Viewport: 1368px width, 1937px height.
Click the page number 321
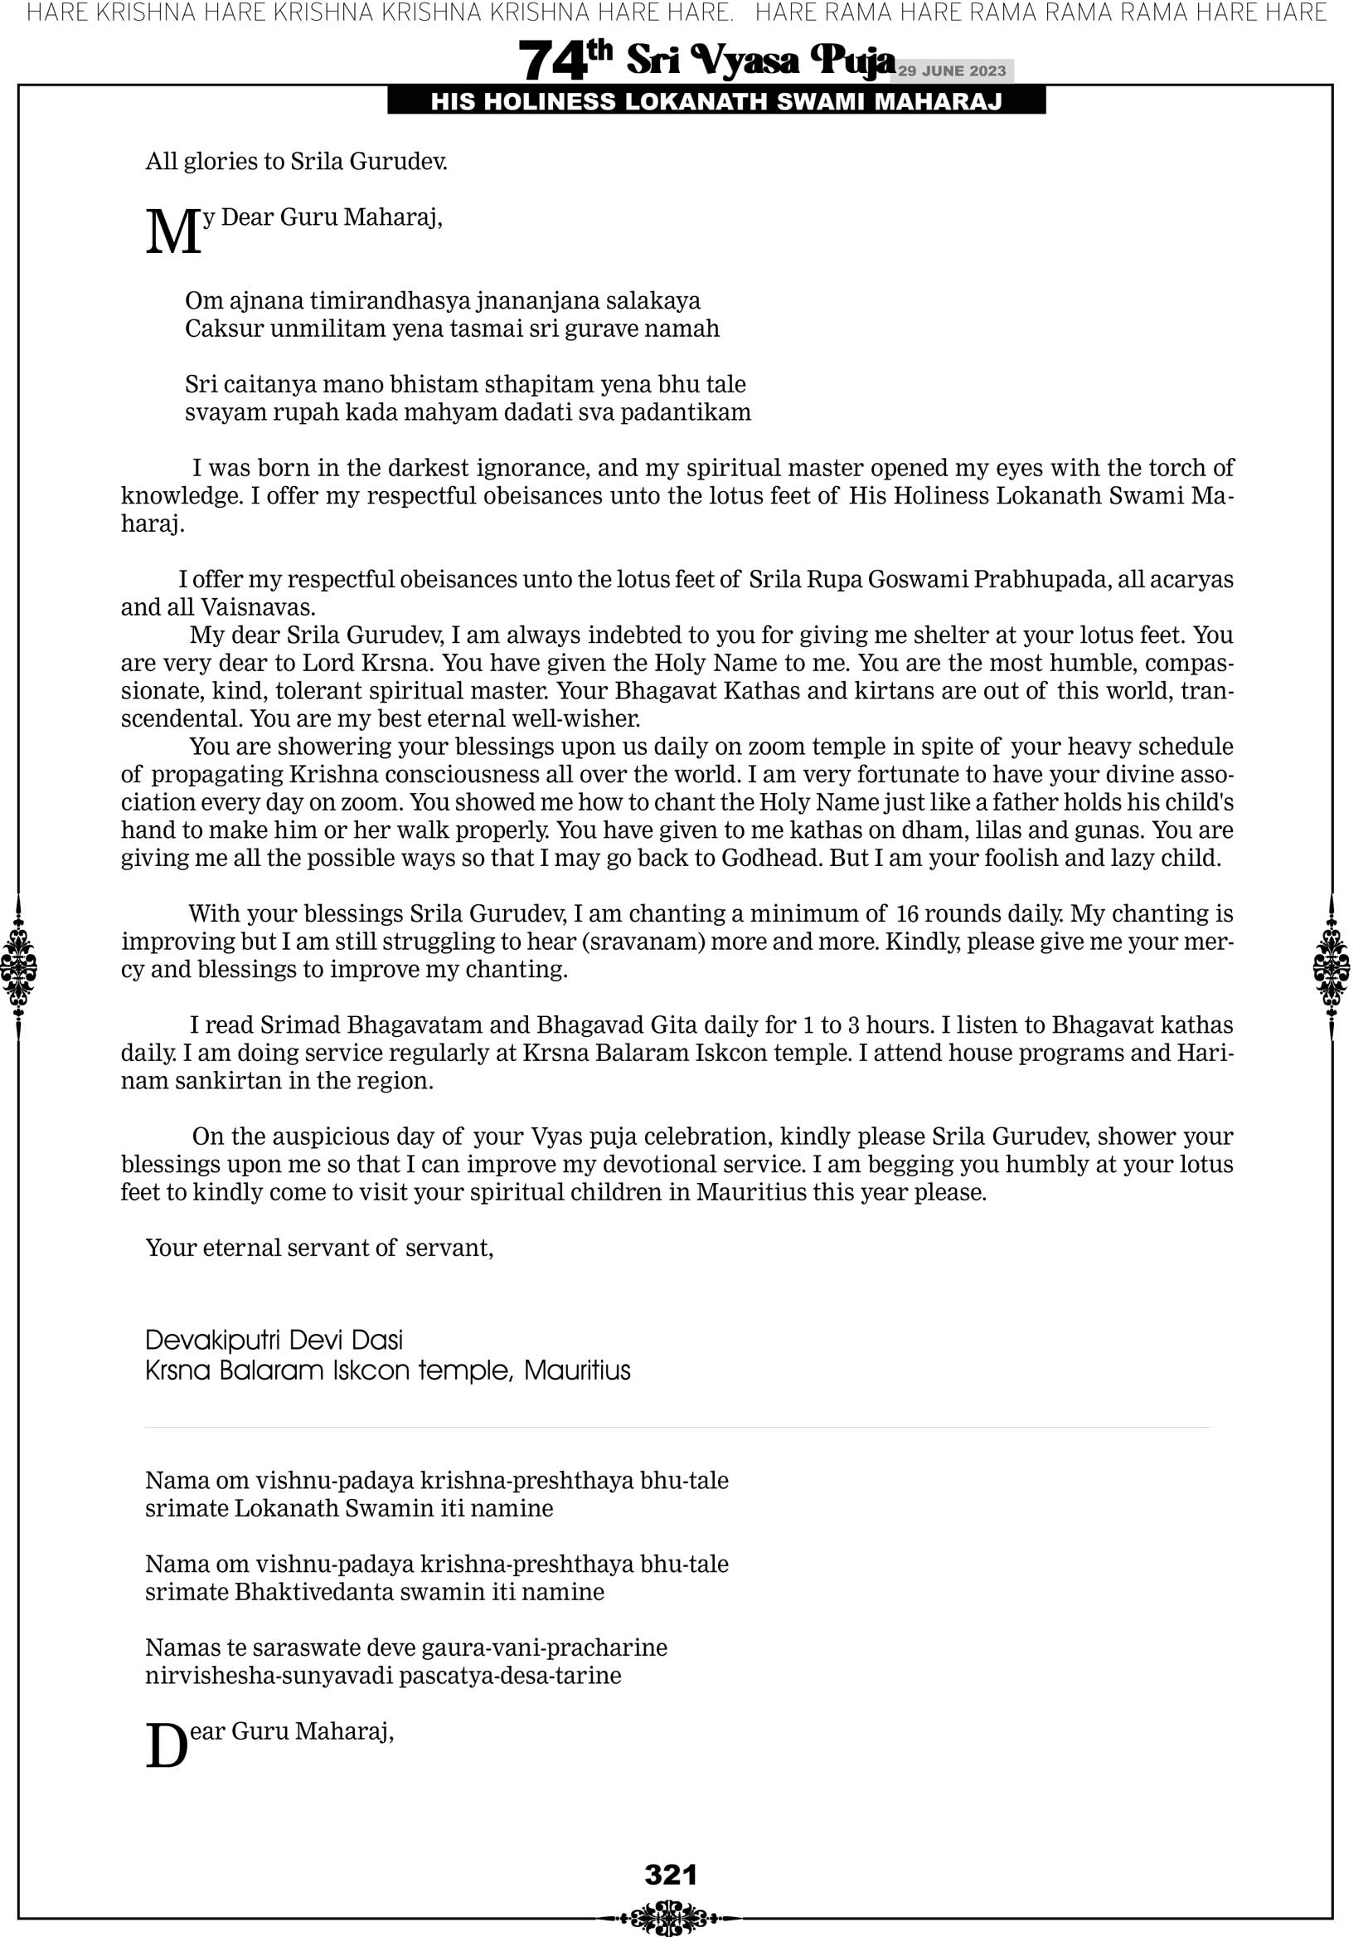671,1875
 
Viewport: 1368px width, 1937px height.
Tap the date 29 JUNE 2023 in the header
951,71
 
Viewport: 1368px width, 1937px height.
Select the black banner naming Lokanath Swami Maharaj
716,102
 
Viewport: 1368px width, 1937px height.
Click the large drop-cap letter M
174,232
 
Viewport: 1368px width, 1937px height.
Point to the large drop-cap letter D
166,1746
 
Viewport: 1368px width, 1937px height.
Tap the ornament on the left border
18,967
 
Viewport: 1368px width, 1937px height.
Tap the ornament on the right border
1331,967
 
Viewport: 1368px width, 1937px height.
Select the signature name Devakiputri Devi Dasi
274,1340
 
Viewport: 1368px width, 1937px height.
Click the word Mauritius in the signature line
577,1370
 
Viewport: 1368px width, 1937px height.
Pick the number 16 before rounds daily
908,913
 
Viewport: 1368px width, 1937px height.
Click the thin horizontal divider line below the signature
677,1428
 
